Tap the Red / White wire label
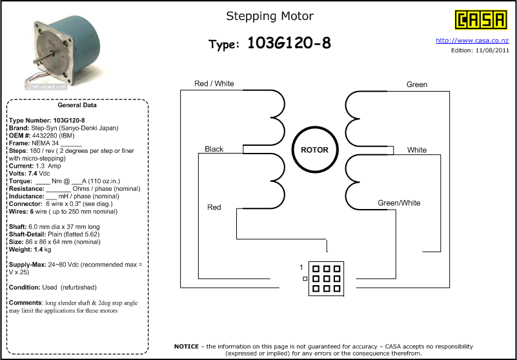point(214,84)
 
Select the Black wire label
point(214,149)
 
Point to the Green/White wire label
point(399,203)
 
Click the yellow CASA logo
point(481,20)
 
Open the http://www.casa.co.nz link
point(472,41)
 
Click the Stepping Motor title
point(270,16)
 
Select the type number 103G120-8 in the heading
point(289,43)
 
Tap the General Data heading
point(77,106)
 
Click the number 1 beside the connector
point(301,268)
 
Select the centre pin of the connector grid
point(326,279)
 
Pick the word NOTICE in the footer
point(187,346)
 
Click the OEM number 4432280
point(44,135)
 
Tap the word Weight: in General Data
point(21,250)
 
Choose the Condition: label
point(25,288)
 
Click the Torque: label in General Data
point(21,181)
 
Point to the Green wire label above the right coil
point(417,85)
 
